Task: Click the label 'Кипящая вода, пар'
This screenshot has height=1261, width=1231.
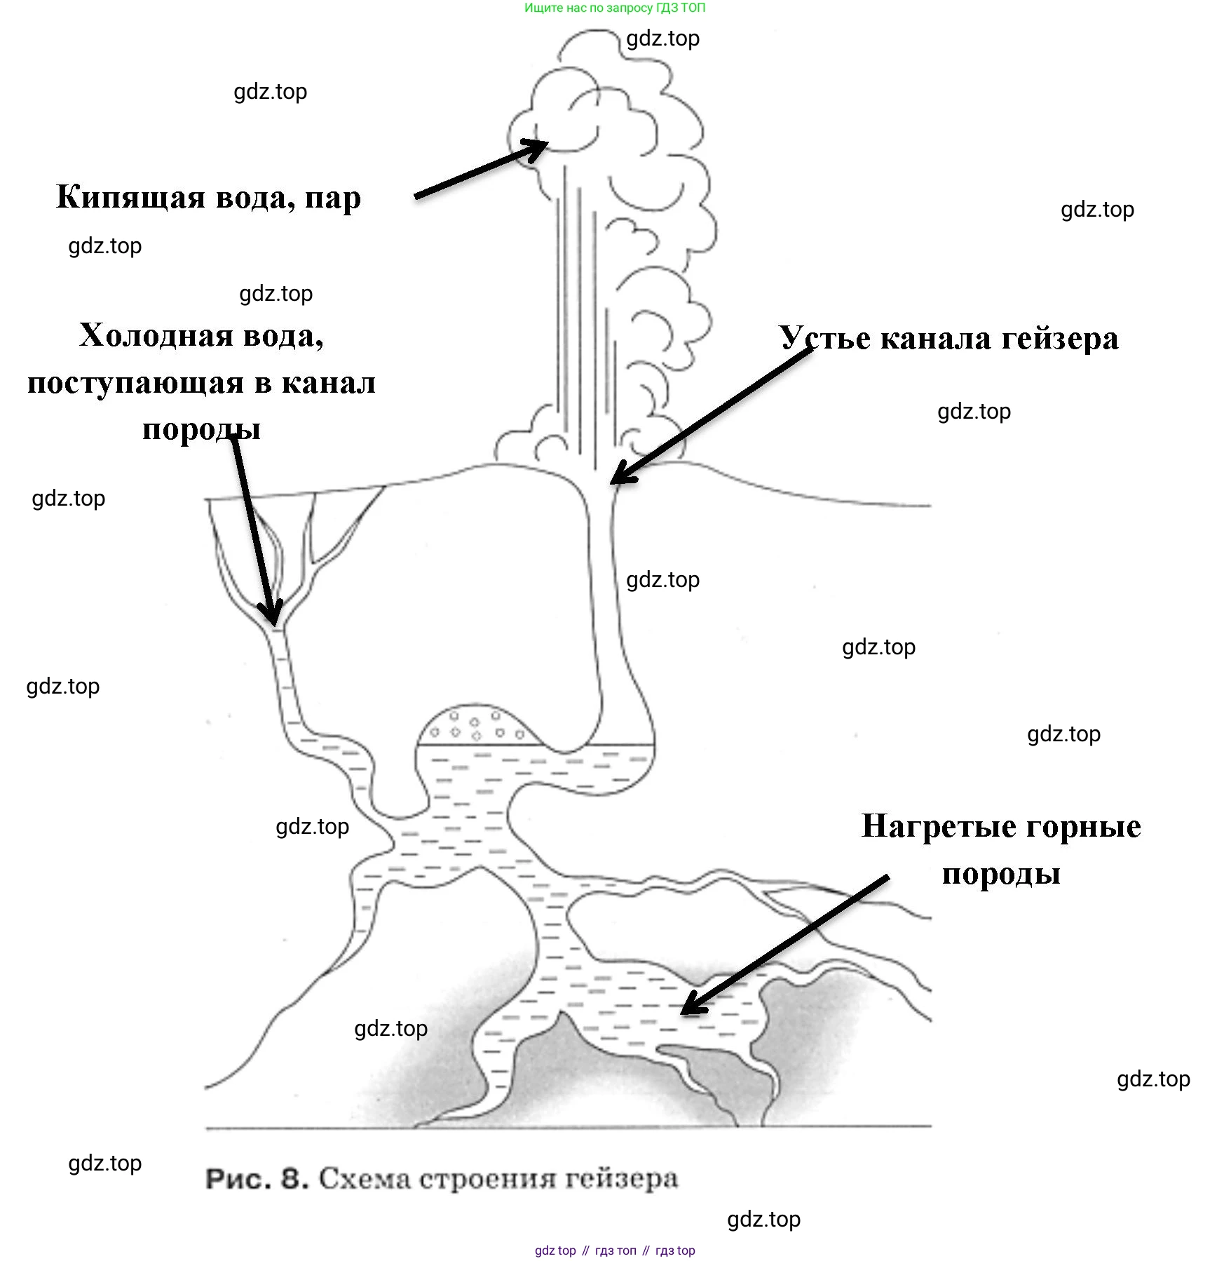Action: (208, 198)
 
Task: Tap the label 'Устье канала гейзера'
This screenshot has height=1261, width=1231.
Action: (948, 339)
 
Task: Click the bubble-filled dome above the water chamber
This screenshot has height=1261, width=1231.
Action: (477, 726)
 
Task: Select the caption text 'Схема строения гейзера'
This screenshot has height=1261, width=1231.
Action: (498, 1178)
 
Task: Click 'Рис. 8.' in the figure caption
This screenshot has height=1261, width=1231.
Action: (257, 1179)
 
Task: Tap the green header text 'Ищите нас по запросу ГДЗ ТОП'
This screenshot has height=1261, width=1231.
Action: (615, 8)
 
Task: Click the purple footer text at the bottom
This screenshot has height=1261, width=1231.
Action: (615, 1250)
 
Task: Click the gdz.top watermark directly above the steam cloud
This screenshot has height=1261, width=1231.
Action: (662, 39)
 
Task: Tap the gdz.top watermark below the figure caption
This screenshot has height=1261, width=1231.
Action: (763, 1220)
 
